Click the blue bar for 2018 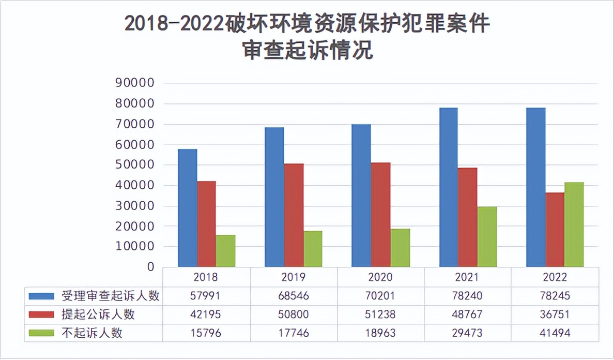(187, 208)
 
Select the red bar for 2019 (294, 215)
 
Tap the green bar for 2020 (400, 248)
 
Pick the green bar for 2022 (574, 224)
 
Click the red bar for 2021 (467, 217)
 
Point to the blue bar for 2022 (535, 187)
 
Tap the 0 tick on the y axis (150, 267)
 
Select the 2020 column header (380, 277)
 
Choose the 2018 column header (206, 277)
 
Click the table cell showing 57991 (206, 296)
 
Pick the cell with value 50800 (293, 314)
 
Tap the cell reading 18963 (380, 333)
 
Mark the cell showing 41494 (555, 333)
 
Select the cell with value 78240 (467, 296)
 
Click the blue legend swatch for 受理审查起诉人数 (41, 296)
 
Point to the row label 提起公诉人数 (98, 314)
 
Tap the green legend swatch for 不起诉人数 (41, 333)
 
